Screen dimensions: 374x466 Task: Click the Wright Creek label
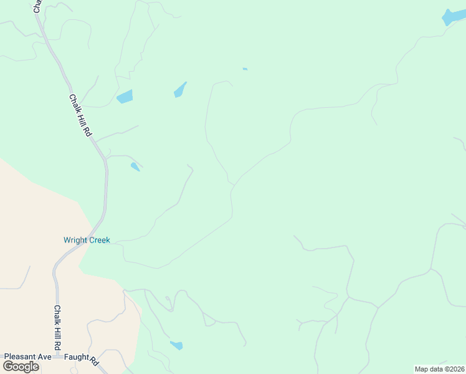(87, 240)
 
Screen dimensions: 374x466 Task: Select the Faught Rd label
(81, 359)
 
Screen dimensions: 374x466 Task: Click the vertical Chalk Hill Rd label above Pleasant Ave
(57, 327)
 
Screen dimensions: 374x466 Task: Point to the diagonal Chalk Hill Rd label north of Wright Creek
(80, 116)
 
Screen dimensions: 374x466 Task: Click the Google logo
(21, 367)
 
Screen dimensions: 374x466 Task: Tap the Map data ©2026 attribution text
(439, 369)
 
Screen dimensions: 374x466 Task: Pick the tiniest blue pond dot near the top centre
(245, 69)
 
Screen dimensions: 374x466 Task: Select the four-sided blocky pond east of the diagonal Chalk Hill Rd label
(125, 97)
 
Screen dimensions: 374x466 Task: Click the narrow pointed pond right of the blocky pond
(179, 90)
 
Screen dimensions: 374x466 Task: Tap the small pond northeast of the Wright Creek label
(135, 166)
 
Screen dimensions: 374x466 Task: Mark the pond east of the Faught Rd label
(176, 345)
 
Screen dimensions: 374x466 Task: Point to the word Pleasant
(17, 357)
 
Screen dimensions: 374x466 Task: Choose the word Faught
(76, 358)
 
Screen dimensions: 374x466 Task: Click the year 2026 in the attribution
(455, 369)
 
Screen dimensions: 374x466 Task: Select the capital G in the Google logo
(7, 366)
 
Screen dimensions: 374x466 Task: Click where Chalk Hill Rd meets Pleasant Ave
(57, 357)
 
